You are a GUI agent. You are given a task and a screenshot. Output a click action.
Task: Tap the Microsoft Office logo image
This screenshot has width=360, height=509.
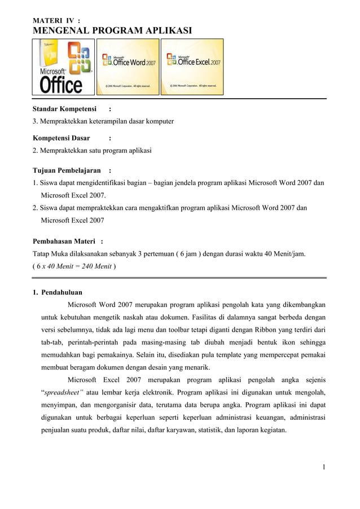click(64, 67)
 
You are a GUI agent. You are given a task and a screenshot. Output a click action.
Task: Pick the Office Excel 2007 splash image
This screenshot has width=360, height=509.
click(194, 67)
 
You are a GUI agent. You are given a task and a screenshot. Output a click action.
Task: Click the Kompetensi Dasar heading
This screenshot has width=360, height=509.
click(61, 138)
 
